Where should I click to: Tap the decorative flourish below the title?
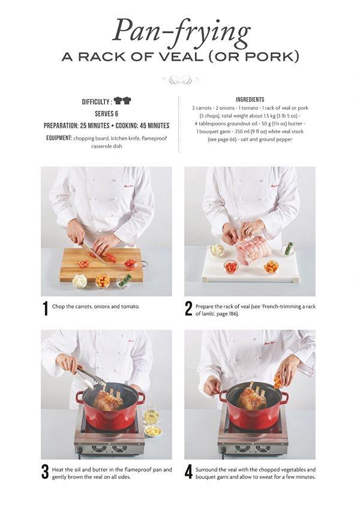[x=181, y=80]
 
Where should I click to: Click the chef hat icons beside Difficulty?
[x=122, y=101]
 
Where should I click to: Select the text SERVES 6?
[x=106, y=113]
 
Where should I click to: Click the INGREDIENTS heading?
[x=250, y=99]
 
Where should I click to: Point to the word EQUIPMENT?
[x=58, y=138]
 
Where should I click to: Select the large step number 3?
[x=45, y=471]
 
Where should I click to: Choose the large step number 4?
[x=188, y=471]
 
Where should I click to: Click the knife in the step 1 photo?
[x=96, y=254]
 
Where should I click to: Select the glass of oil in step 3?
[x=151, y=414]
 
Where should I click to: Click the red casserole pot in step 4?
[x=252, y=414]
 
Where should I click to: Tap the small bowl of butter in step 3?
[x=154, y=431]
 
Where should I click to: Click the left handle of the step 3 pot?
[x=79, y=396]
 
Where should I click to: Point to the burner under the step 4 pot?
[x=252, y=441]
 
